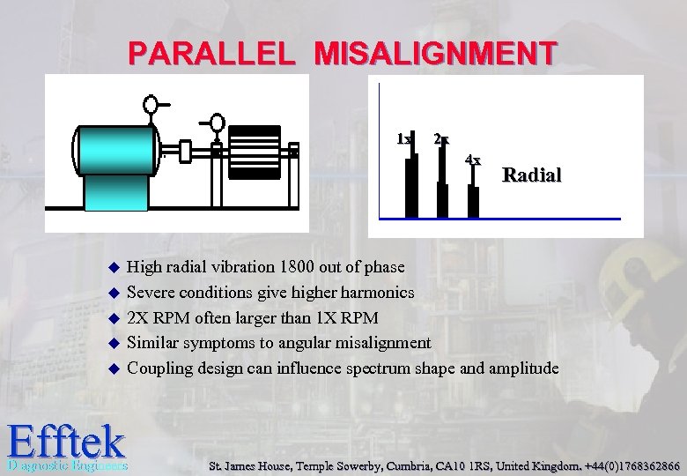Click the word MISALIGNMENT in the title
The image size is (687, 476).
tap(434, 54)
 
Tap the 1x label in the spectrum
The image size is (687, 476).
tap(403, 139)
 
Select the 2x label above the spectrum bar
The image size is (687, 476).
tap(441, 139)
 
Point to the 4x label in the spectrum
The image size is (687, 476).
tap(473, 160)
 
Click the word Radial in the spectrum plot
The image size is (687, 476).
tap(531, 175)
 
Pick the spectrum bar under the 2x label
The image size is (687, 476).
tap(442, 183)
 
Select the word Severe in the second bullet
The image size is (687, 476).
tap(152, 292)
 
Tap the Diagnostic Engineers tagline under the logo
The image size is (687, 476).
tap(67, 465)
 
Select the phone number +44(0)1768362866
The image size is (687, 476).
tap(627, 465)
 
